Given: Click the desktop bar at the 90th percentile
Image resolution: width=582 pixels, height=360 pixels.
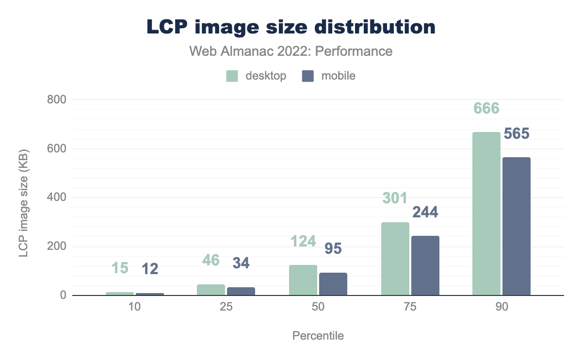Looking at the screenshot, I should pyautogui.click(x=486, y=213).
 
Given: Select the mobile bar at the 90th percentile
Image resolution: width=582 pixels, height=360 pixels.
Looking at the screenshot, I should pyautogui.click(x=517, y=226).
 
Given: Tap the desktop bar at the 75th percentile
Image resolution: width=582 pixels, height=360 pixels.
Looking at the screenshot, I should pyautogui.click(x=395, y=259).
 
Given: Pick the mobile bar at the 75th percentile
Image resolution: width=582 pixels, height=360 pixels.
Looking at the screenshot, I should pyautogui.click(x=425, y=265).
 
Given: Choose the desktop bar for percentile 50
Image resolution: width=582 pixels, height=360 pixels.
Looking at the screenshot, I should pyautogui.click(x=303, y=280).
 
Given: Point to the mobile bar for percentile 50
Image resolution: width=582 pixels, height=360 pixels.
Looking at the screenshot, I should pyautogui.click(x=333, y=284).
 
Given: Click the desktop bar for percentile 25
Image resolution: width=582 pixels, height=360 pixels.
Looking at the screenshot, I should pyautogui.click(x=211, y=290).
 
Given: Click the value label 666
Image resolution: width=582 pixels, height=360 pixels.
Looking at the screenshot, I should pyautogui.click(x=486, y=108).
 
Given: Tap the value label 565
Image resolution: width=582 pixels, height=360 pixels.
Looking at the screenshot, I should pyautogui.click(x=517, y=133).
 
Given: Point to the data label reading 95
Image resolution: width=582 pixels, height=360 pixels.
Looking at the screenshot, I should pyautogui.click(x=333, y=248).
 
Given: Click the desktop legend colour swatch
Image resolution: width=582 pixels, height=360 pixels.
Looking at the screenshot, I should pyautogui.click(x=232, y=76).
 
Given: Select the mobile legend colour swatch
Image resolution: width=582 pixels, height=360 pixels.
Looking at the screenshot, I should pyautogui.click(x=308, y=76).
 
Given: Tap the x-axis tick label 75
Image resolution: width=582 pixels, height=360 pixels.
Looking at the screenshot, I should pyautogui.click(x=410, y=309).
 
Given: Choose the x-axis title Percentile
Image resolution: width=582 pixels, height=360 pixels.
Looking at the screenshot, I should pyautogui.click(x=318, y=336).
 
